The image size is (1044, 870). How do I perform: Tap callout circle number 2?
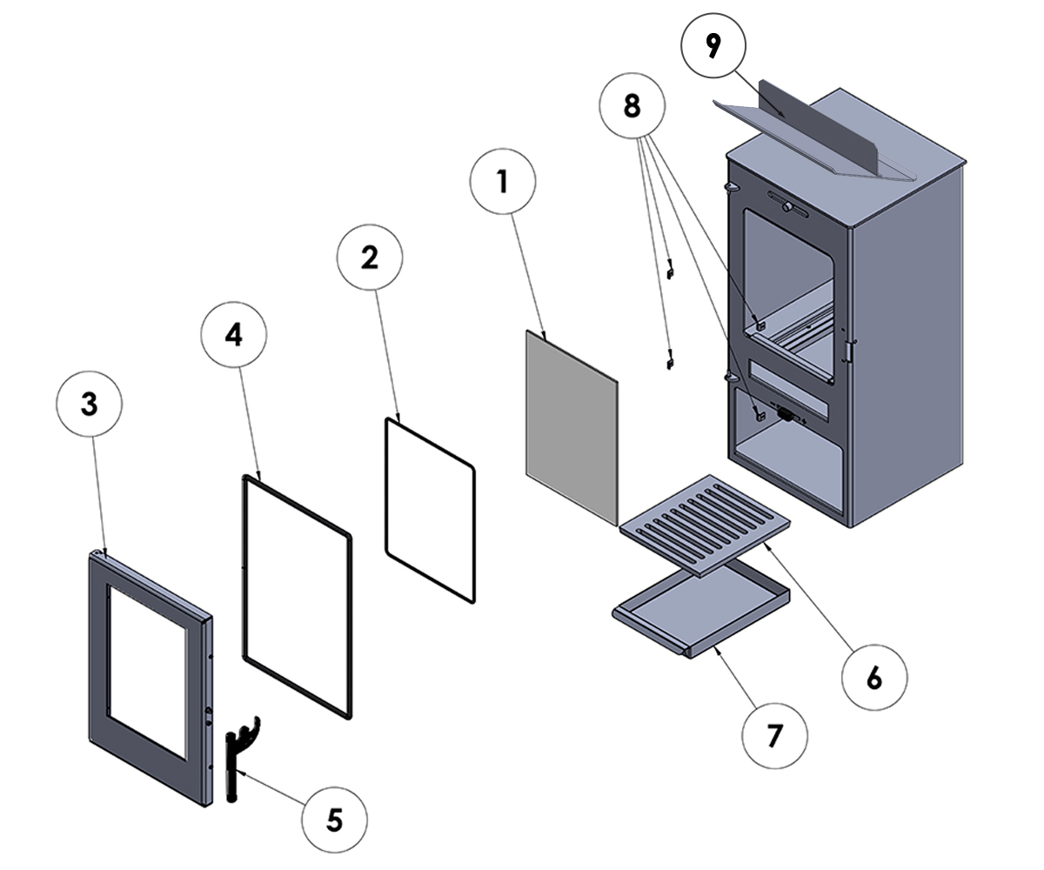click(x=371, y=258)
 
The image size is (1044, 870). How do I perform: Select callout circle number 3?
click(x=89, y=406)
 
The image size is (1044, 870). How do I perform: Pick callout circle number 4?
click(x=233, y=336)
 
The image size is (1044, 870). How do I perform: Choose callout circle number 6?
click(x=874, y=678)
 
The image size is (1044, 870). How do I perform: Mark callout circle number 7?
click(x=774, y=737)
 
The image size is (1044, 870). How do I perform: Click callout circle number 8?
click(x=632, y=106)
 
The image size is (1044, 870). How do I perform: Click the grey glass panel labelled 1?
click(x=570, y=426)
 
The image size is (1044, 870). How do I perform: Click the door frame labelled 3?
click(x=100, y=652)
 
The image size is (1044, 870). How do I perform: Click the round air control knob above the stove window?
click(x=787, y=207)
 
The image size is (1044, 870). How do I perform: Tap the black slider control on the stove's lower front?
click(x=785, y=415)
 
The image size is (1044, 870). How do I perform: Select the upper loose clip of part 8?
click(x=670, y=271)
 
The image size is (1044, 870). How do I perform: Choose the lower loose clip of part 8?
click(x=669, y=358)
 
